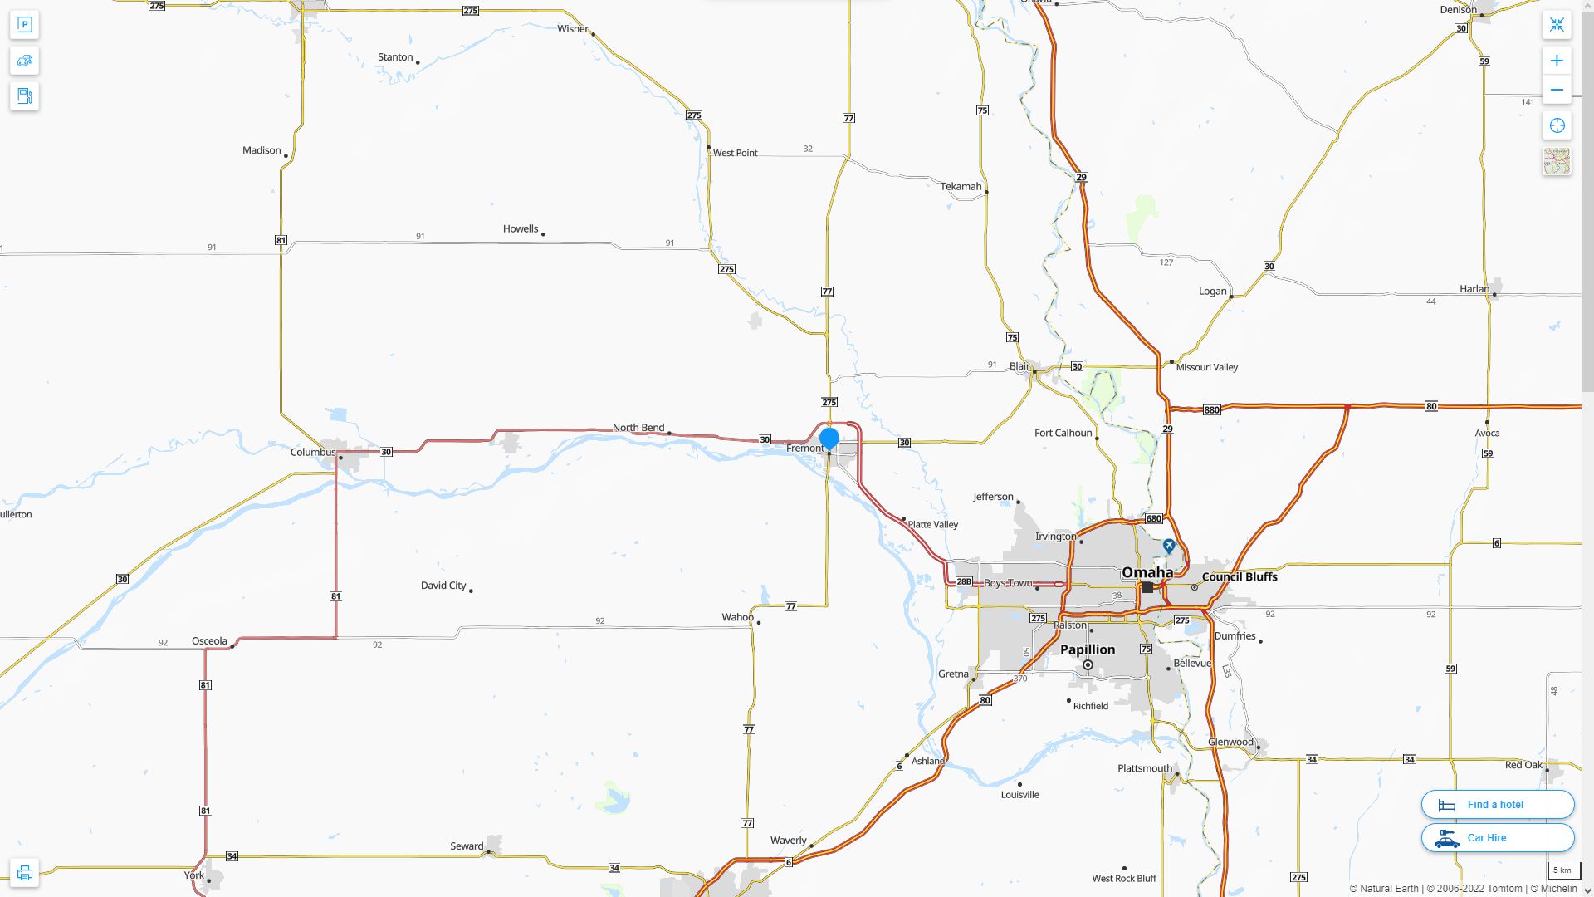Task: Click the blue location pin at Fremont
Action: pyautogui.click(x=829, y=438)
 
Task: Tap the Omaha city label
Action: pyautogui.click(x=1147, y=572)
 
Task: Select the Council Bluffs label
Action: pyautogui.click(x=1240, y=577)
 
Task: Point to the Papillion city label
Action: pyautogui.click(x=1088, y=649)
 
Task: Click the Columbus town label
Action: pyautogui.click(x=313, y=453)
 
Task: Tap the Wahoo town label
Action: pyautogui.click(x=737, y=617)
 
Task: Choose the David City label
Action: pyautogui.click(x=443, y=586)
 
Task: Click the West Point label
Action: pyautogui.click(x=735, y=153)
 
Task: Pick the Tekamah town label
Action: pyautogui.click(x=961, y=187)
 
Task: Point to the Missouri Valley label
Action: pyautogui.click(x=1206, y=367)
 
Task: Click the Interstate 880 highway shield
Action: pyautogui.click(x=1211, y=410)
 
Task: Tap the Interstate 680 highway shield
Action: pyautogui.click(x=1154, y=519)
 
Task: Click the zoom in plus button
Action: pyautogui.click(x=1557, y=61)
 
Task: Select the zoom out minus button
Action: pyautogui.click(x=1557, y=91)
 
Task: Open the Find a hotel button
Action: pyautogui.click(x=1497, y=805)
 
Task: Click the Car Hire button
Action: pyautogui.click(x=1497, y=838)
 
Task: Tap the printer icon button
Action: pyautogui.click(x=24, y=873)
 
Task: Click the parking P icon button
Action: pyautogui.click(x=24, y=25)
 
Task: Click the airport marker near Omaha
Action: pyautogui.click(x=1169, y=546)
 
